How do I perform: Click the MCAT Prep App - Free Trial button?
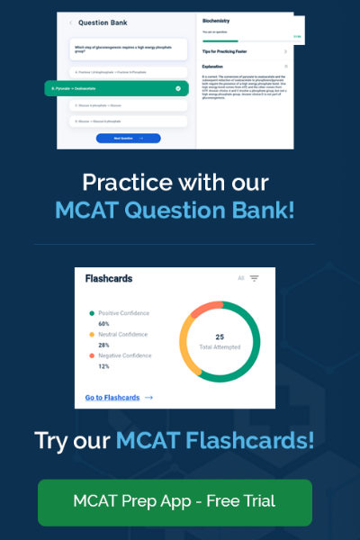pyautogui.click(x=175, y=501)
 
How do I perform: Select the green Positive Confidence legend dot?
pyautogui.click(x=91, y=313)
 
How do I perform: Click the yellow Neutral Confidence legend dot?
pyautogui.click(x=91, y=335)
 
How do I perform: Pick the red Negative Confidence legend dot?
pyautogui.click(x=91, y=356)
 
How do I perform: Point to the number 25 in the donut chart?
pyautogui.click(x=220, y=337)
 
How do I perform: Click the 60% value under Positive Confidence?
pyautogui.click(x=103, y=324)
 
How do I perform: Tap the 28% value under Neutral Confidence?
pyautogui.click(x=103, y=346)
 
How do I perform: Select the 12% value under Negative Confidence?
pyautogui.click(x=103, y=366)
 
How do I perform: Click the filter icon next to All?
pyautogui.click(x=255, y=279)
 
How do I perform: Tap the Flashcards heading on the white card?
pyautogui.click(x=108, y=279)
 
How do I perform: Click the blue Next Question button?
pyautogui.click(x=128, y=138)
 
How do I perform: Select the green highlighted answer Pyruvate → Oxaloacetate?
pyautogui.click(x=117, y=89)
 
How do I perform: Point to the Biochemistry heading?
pyautogui.click(x=219, y=18)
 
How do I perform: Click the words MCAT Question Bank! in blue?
pyautogui.click(x=175, y=211)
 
